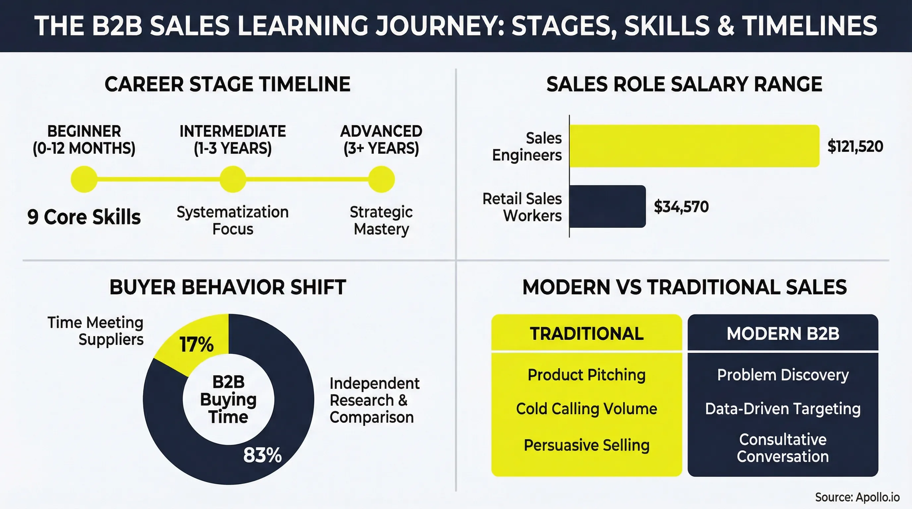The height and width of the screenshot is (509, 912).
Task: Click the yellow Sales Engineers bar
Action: [694, 146]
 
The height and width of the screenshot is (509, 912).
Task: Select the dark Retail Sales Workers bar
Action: [607, 206]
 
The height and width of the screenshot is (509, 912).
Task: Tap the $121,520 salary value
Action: [855, 146]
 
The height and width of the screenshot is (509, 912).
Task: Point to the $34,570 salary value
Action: [681, 207]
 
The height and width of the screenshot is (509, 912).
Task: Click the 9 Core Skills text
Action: [84, 217]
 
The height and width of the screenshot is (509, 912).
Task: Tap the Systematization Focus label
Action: [233, 220]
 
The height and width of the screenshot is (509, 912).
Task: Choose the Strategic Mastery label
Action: [381, 220]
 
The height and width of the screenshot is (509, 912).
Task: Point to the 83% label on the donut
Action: [262, 455]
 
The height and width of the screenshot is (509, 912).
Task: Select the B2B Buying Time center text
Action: [228, 399]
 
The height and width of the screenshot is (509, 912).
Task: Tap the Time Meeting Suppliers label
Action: [95, 331]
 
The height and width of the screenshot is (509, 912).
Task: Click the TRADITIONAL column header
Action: [586, 333]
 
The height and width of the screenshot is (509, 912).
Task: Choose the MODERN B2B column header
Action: [783, 333]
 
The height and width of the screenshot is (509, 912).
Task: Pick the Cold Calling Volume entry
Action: [586, 409]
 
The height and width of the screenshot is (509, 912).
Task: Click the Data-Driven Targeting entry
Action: [783, 409]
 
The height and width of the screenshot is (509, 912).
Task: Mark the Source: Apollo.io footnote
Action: [857, 497]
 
